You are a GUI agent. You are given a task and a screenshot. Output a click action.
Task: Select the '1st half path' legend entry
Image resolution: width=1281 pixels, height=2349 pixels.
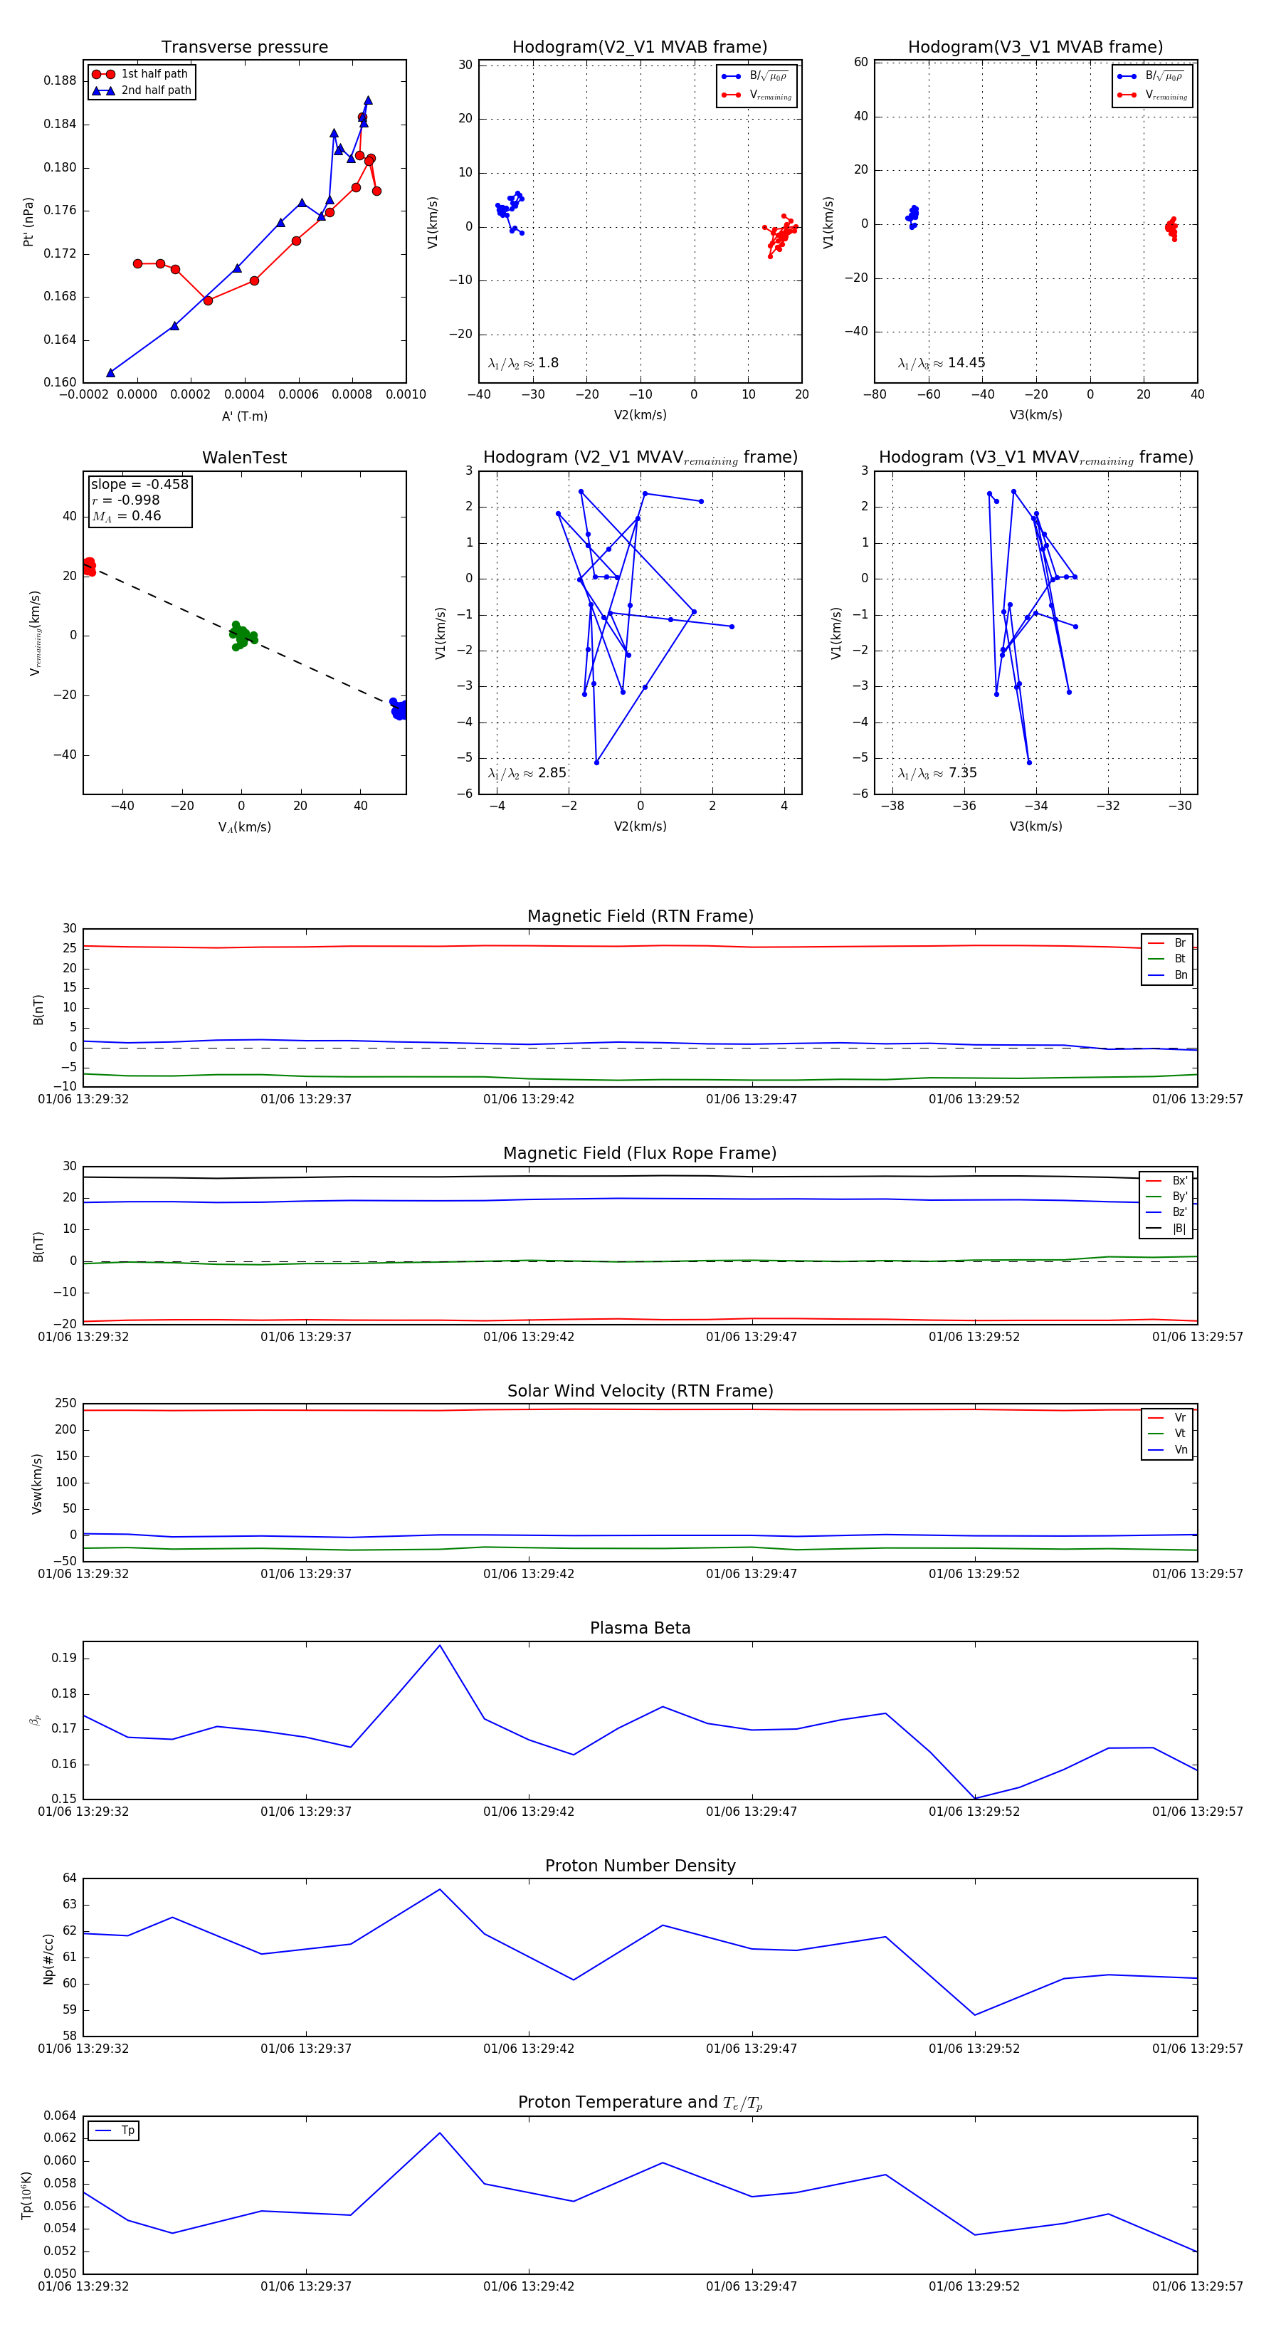click(154, 74)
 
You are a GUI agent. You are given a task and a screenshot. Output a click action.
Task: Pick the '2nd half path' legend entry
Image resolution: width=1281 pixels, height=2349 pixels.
click(156, 90)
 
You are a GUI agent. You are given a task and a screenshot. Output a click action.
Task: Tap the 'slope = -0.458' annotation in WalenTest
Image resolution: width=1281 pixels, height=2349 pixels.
click(139, 484)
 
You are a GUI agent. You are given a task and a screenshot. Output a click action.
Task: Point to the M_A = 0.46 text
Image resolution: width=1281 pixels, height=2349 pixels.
click(126, 516)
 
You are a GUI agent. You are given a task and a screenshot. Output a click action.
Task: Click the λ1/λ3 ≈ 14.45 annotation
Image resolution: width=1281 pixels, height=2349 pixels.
click(941, 363)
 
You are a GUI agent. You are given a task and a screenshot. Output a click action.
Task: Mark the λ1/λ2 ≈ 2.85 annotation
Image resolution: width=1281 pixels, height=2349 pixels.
click(527, 773)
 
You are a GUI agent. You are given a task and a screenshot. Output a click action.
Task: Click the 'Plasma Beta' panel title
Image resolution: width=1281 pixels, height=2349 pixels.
click(640, 1628)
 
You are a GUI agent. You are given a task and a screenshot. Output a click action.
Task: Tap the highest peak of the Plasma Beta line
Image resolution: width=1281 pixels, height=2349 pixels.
click(440, 1645)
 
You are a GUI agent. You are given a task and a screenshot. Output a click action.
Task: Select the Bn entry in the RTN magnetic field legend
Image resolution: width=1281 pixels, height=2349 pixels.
click(1180, 974)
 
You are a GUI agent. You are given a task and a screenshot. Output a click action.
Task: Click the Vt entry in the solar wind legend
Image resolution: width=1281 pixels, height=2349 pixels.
click(1180, 1434)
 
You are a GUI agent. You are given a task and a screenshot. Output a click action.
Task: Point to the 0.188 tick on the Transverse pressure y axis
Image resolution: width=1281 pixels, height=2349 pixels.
click(60, 80)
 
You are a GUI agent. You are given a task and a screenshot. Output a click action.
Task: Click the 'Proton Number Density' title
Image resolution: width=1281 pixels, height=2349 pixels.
click(640, 1866)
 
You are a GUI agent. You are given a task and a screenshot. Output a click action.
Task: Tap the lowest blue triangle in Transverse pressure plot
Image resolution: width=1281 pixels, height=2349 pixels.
click(110, 372)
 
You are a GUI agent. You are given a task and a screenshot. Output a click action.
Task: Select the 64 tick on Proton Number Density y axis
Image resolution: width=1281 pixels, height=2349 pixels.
click(70, 1878)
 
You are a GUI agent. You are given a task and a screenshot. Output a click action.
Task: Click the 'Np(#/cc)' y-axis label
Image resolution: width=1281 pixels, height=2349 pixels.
click(49, 1957)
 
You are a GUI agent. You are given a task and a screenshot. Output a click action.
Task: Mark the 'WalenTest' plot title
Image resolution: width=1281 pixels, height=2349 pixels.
click(244, 458)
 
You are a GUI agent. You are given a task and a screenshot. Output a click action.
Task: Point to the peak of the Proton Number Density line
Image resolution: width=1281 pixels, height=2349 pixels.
click(440, 1889)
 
